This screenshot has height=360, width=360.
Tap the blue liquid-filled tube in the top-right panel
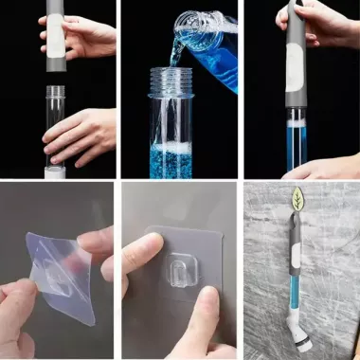[297, 142]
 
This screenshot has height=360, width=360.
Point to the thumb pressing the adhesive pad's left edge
[137, 253]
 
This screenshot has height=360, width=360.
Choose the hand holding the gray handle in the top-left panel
[85, 36]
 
